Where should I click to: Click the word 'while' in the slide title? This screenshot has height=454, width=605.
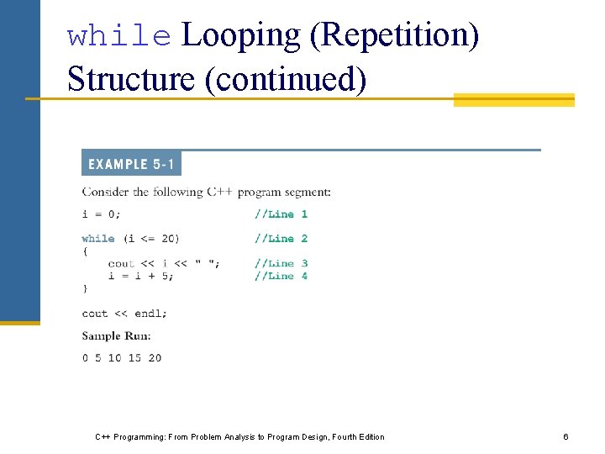[x=118, y=36]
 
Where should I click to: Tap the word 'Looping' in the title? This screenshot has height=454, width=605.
[x=241, y=36]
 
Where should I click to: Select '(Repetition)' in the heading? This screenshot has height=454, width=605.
[x=394, y=36]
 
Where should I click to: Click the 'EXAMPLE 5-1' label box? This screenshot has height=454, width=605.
[x=131, y=163]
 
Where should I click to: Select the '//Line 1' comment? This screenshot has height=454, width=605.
[x=281, y=214]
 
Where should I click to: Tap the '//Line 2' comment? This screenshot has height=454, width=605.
[x=281, y=239]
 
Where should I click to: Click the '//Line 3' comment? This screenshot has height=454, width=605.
[x=281, y=263]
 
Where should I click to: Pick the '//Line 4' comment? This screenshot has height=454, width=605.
[x=281, y=276]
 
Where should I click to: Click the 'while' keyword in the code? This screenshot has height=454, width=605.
[x=98, y=239]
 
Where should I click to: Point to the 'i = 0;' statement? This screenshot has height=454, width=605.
[x=101, y=214]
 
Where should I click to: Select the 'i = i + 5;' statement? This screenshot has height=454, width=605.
[x=140, y=276]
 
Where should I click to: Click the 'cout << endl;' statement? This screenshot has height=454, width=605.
[x=124, y=314]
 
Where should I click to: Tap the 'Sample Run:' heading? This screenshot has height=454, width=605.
[x=116, y=335]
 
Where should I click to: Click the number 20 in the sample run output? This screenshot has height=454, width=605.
[x=155, y=358]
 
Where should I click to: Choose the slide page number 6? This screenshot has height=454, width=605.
[x=566, y=437]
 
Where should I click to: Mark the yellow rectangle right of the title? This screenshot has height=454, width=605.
[x=513, y=100]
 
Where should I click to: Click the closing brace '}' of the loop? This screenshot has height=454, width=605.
[x=85, y=288]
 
